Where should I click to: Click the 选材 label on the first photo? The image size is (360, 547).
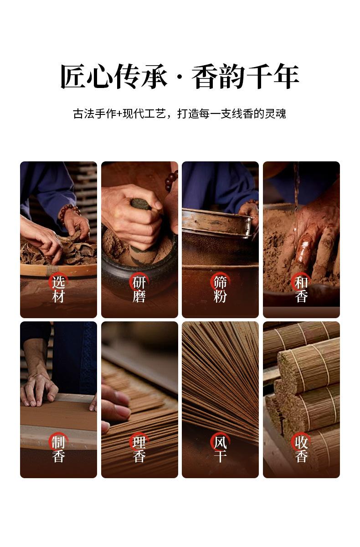(x=59, y=289)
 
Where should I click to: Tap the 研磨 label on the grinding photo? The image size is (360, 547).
(x=139, y=289)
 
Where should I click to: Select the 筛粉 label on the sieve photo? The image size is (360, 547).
(x=220, y=289)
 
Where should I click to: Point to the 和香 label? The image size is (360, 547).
(x=301, y=289)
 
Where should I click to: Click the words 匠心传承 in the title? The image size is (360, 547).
(x=114, y=76)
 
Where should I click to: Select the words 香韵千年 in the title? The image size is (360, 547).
(x=246, y=76)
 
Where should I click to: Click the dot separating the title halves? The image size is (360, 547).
(x=180, y=77)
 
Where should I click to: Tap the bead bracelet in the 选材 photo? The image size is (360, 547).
(x=69, y=213)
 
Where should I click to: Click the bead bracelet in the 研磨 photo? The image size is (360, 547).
(x=171, y=180)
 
